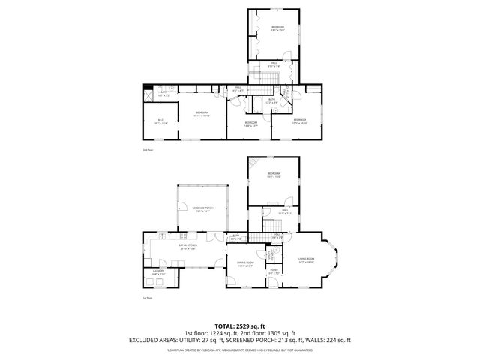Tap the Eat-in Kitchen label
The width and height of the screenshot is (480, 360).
[x=187, y=245]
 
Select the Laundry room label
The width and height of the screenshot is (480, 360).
[x=158, y=273]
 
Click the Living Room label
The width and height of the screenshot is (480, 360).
[x=306, y=260]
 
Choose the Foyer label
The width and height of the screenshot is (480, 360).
[x=274, y=271]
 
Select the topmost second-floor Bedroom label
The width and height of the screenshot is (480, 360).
[x=277, y=28]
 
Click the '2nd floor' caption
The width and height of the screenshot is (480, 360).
[x=148, y=150]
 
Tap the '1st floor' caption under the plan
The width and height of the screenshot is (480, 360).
[x=148, y=298]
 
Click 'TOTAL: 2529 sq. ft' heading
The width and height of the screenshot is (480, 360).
[x=240, y=326]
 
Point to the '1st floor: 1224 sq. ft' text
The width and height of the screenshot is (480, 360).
[x=211, y=333]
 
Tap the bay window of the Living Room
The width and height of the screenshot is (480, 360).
[x=334, y=259]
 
